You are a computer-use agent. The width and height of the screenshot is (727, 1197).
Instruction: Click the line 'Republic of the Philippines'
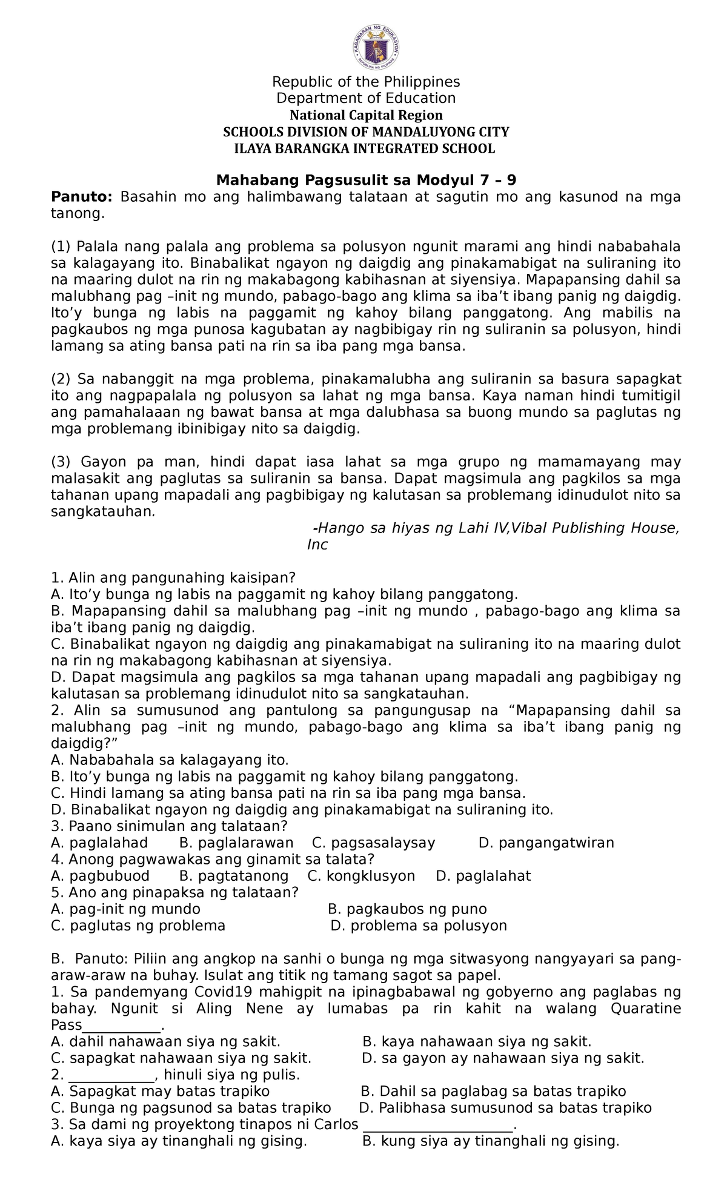[365, 82]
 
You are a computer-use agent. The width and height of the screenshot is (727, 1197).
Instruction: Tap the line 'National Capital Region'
[365, 115]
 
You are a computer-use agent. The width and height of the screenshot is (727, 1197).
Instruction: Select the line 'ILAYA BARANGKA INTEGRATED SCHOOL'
[365, 148]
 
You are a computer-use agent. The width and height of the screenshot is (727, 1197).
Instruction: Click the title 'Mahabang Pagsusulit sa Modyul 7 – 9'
[366, 181]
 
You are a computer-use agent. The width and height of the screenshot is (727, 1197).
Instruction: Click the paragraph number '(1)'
[61, 247]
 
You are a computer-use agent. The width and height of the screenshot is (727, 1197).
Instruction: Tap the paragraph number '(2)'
[61, 379]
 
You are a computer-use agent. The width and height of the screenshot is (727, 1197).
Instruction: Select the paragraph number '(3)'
[61, 462]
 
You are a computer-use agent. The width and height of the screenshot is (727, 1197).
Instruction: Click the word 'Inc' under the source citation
[317, 545]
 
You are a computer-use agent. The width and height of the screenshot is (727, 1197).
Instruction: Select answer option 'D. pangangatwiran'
[546, 843]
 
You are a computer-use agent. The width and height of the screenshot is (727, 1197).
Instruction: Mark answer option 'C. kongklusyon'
[361, 876]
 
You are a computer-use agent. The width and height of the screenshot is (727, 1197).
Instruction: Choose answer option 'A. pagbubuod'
[100, 876]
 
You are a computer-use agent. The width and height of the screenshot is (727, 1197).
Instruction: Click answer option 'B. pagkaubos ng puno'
[407, 909]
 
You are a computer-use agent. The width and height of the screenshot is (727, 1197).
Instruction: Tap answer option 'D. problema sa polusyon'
[419, 926]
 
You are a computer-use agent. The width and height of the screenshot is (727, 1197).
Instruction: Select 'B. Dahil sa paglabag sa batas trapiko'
[493, 1092]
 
